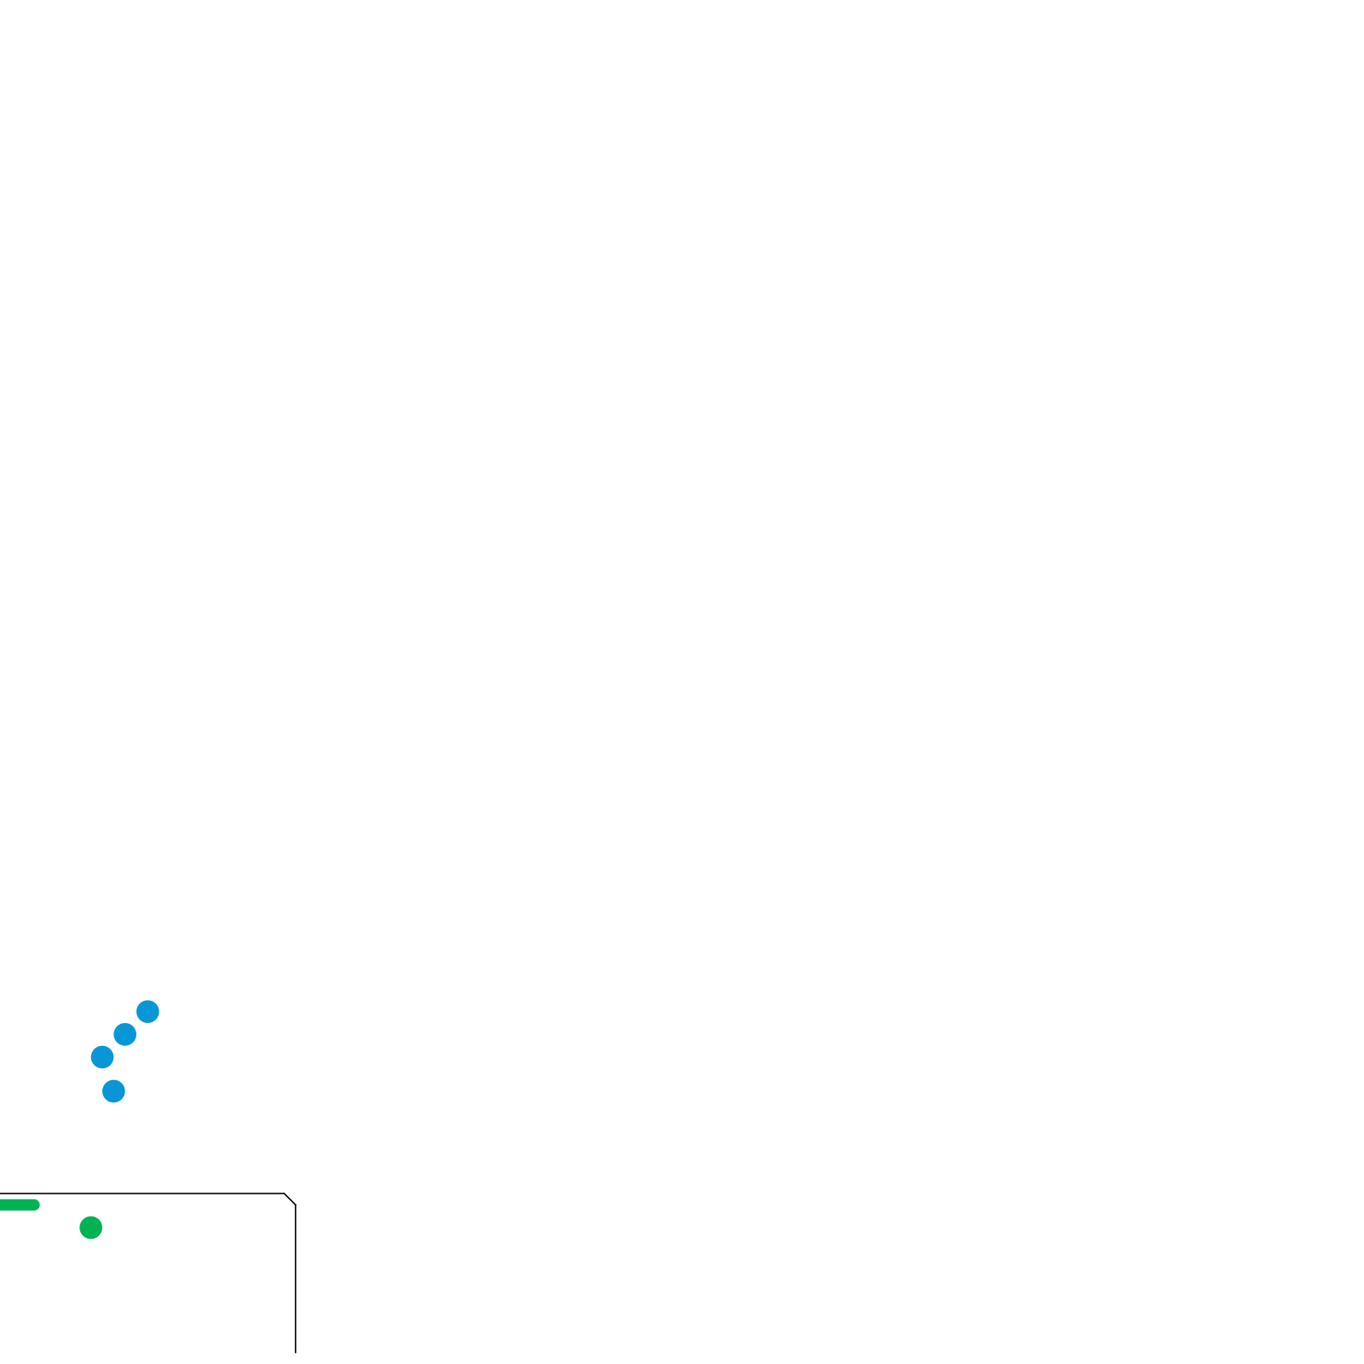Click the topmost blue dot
click(x=147, y=1011)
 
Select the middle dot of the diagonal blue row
click(x=124, y=1034)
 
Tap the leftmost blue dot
click(x=102, y=1057)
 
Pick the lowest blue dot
click(x=113, y=1091)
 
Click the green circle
click(x=90, y=1228)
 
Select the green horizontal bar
click(x=19, y=1205)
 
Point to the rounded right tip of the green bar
click(x=39, y=1205)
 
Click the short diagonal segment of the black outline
click(x=290, y=1199)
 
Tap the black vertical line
click(x=295, y=1279)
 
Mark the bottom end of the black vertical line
click(x=295, y=1352)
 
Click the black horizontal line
click(x=145, y=1193)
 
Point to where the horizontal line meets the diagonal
click(x=284, y=1193)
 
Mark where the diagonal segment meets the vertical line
click(x=295, y=1205)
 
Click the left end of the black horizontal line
click(x=1, y=1193)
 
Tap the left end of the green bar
click(x=1, y=1205)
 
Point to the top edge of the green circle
click(x=90, y=1217)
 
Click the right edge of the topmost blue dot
click(x=159, y=1011)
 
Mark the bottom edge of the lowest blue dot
click(x=113, y=1102)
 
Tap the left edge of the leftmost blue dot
click(x=91, y=1057)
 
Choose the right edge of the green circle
click(x=102, y=1228)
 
